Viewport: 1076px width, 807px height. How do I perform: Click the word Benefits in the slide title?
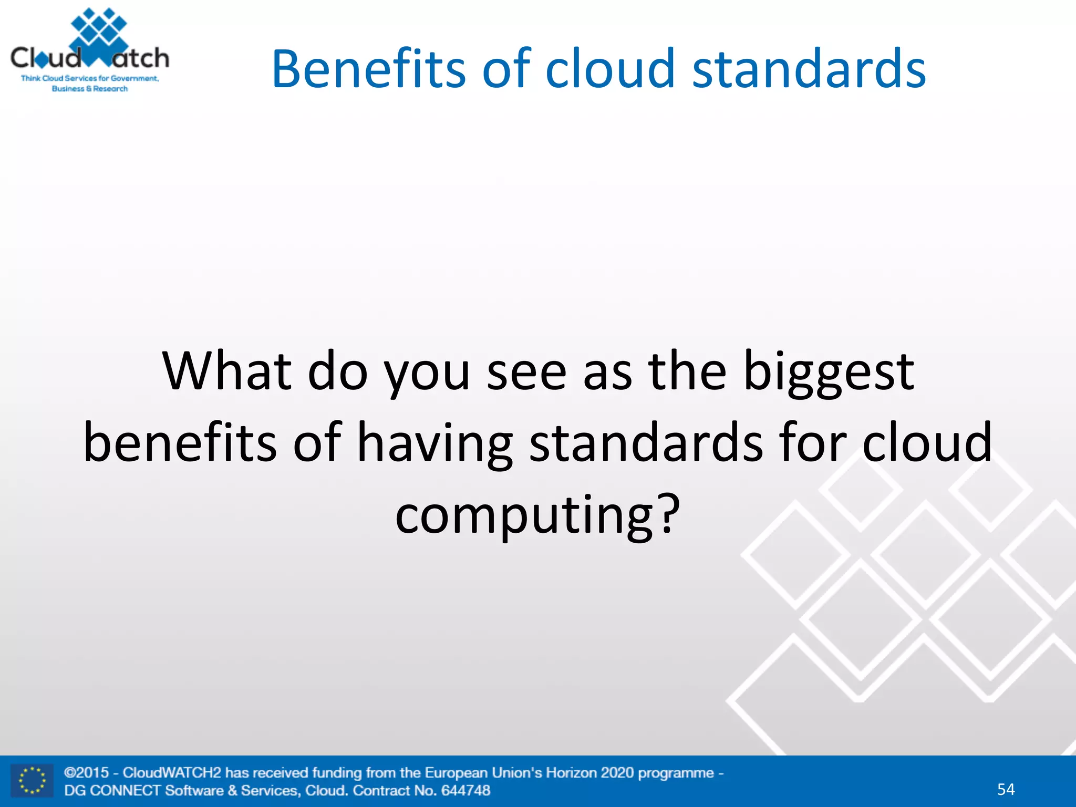tap(368, 69)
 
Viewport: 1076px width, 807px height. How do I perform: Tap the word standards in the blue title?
tap(809, 69)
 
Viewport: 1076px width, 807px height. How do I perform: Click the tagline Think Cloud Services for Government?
tap(89, 78)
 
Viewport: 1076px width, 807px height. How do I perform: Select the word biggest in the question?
tap(829, 372)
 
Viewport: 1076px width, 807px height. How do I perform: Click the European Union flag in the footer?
tap(32, 781)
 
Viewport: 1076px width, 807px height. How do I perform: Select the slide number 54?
tap(1006, 789)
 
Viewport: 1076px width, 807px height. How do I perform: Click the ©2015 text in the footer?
tap(87, 773)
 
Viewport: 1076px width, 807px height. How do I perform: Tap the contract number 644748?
tap(465, 790)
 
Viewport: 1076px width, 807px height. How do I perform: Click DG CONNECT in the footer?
tap(112, 790)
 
